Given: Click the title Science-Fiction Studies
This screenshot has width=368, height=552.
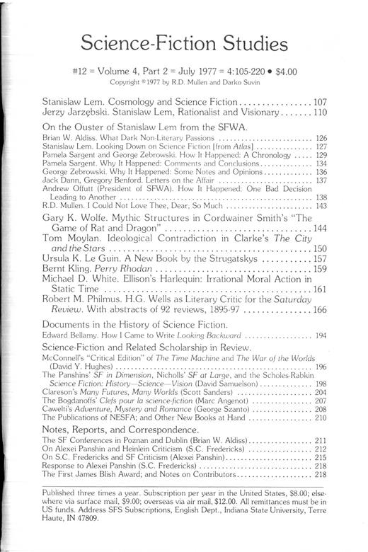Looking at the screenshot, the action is tap(184, 45).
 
